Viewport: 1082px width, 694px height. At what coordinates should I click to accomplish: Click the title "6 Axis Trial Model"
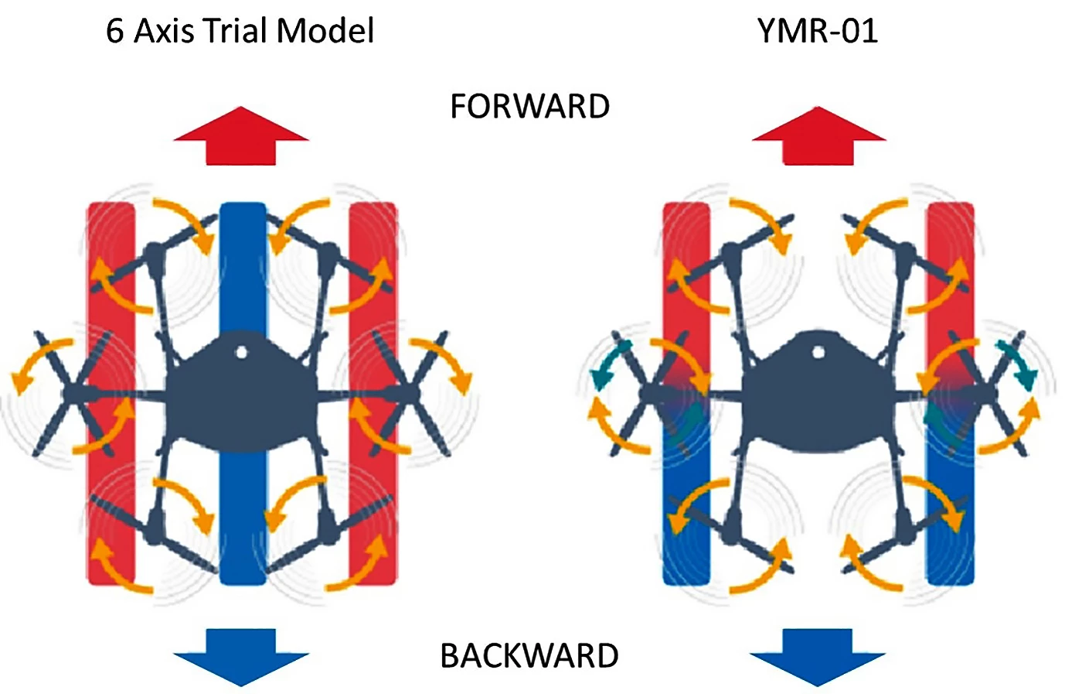(x=240, y=32)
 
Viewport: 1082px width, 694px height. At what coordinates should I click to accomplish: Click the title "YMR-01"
(x=818, y=32)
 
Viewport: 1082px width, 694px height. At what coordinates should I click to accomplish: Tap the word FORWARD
(x=529, y=107)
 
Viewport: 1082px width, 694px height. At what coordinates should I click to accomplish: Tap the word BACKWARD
(x=529, y=656)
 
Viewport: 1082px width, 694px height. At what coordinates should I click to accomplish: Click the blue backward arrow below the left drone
(x=240, y=658)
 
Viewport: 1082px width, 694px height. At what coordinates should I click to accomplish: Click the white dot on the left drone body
(x=241, y=353)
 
